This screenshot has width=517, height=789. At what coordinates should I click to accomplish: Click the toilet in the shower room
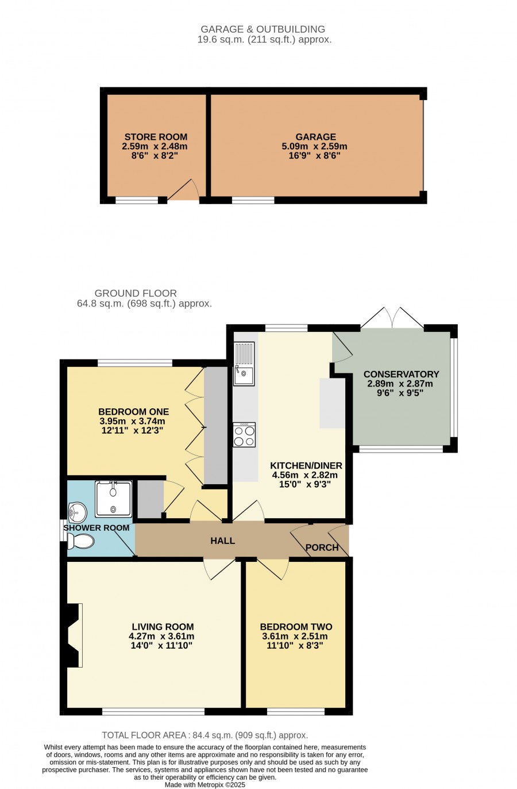[x=80, y=541]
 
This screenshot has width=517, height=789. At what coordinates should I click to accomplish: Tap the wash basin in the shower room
[x=78, y=512]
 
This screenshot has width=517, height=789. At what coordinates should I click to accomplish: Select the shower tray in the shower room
[x=113, y=499]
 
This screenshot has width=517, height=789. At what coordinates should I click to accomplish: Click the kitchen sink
[x=244, y=363]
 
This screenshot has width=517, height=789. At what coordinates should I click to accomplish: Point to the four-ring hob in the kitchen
[x=244, y=434]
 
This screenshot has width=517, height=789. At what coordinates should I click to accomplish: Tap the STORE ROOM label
[x=155, y=137]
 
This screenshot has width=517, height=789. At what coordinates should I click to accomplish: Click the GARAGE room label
[x=315, y=137]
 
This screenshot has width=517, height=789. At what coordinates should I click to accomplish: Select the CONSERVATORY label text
[x=401, y=374]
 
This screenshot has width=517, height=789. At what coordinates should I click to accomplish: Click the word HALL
[x=222, y=541]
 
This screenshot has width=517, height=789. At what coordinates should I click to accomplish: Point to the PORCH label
[x=322, y=547]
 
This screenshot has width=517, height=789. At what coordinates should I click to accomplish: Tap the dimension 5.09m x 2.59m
[x=314, y=146]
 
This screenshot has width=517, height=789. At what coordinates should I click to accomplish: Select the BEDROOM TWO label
[x=296, y=637]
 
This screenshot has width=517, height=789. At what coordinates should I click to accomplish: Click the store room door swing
[x=183, y=190]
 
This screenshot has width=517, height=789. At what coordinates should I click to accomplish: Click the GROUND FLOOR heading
[x=136, y=293]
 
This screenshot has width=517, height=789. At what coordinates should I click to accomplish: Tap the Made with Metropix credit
[x=205, y=785]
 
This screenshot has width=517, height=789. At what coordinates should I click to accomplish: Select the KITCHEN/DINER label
[x=306, y=465]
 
